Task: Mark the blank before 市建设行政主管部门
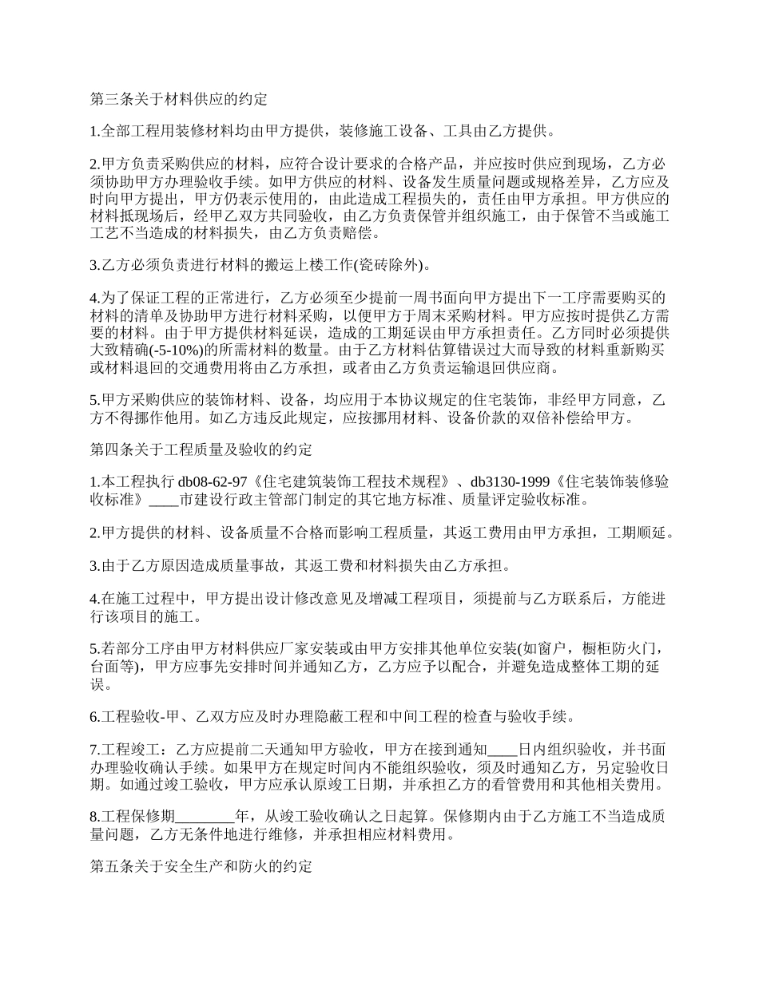coord(164,501)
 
